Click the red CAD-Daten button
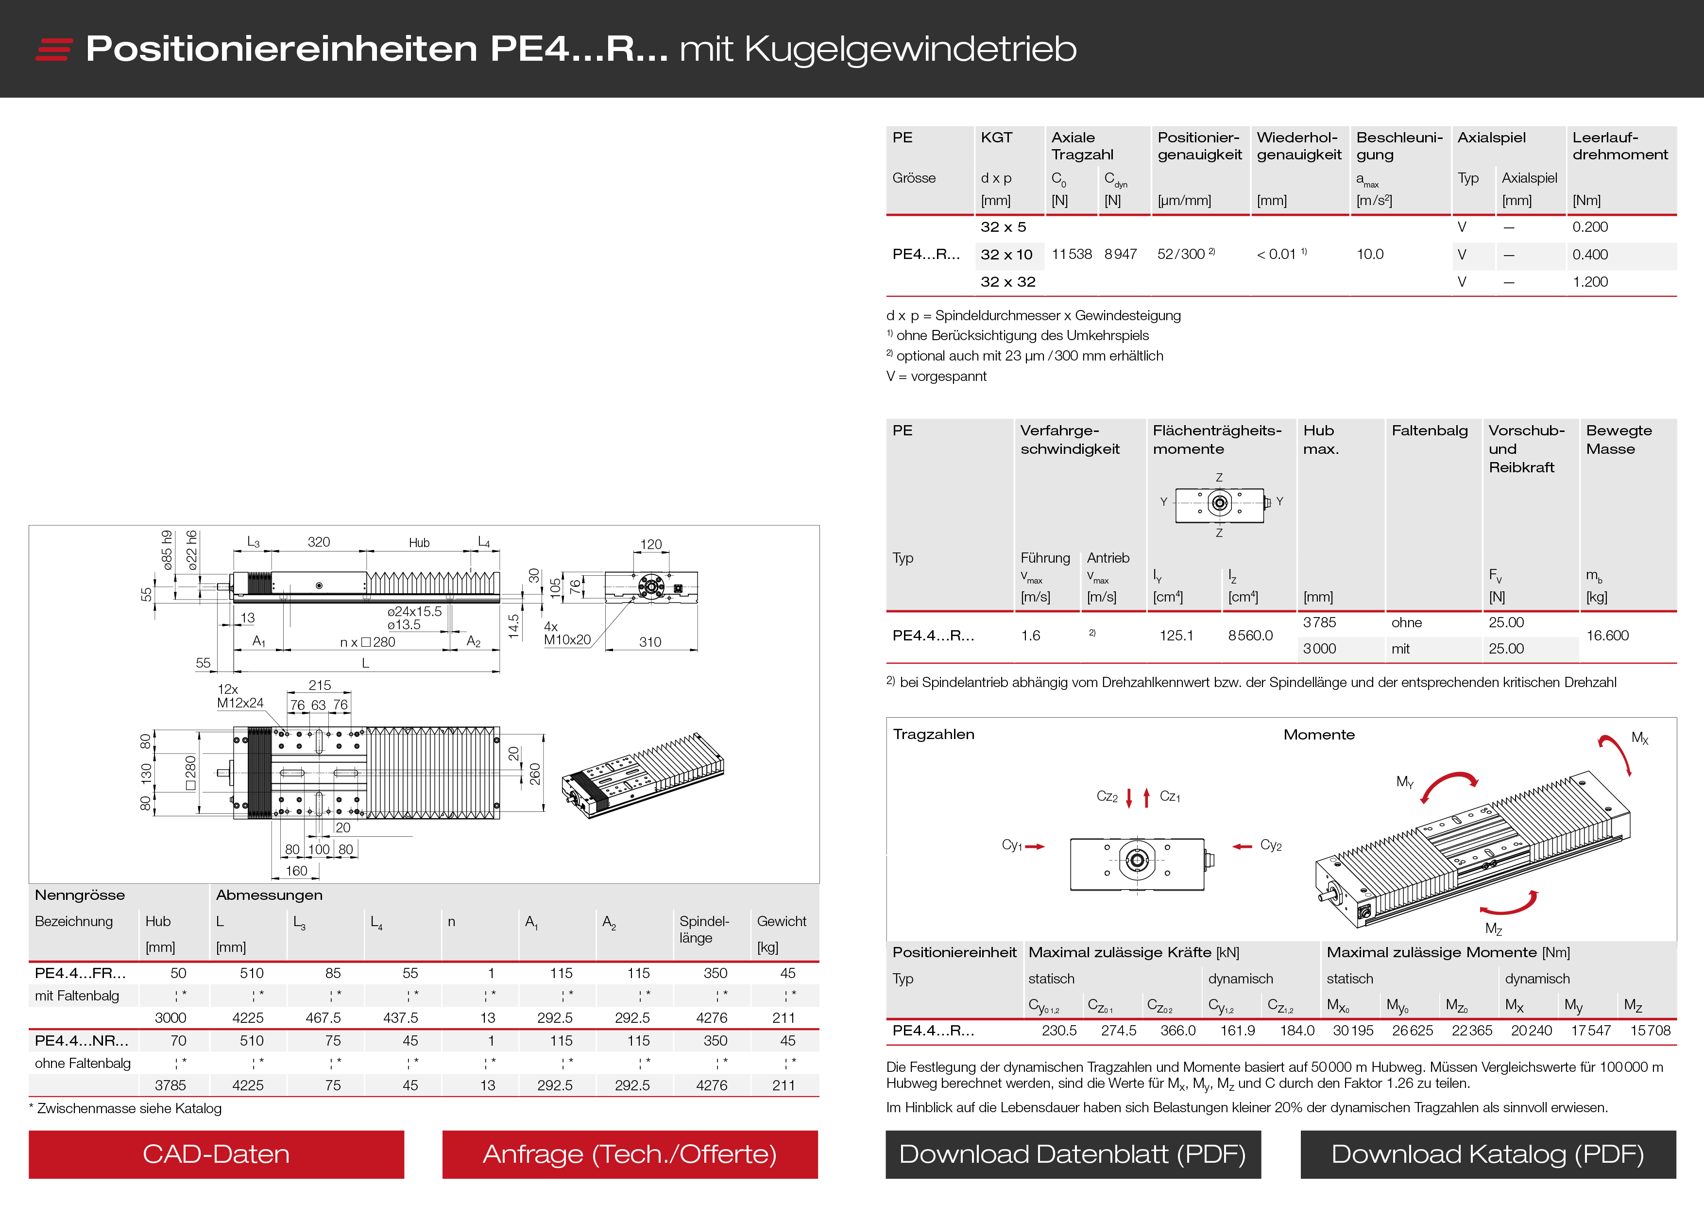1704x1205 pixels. pyautogui.click(x=216, y=1154)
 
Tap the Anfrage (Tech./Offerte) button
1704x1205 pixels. pyautogui.click(x=630, y=1154)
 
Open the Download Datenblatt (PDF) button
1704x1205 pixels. pyautogui.click(x=1073, y=1154)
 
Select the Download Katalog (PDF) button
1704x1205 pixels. pyautogui.click(x=1487, y=1154)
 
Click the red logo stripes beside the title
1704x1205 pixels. pyautogui.click(x=53, y=49)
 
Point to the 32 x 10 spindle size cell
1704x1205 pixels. pyautogui.click(x=1006, y=255)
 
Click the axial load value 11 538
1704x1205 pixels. pyautogui.click(x=1071, y=255)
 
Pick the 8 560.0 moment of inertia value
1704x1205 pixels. pyautogui.click(x=1250, y=636)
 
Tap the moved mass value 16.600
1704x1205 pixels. pyautogui.click(x=1607, y=636)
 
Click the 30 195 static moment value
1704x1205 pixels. pyautogui.click(x=1352, y=1031)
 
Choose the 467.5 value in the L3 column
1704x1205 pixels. pyautogui.click(x=323, y=1018)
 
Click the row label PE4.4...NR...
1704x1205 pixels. pyautogui.click(x=82, y=1041)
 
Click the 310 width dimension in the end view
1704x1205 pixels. pyautogui.click(x=649, y=642)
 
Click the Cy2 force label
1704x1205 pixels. pyautogui.click(x=1271, y=845)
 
